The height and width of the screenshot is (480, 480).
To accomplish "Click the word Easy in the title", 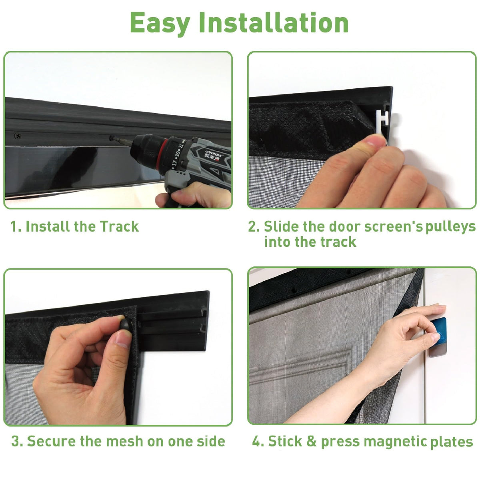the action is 160,23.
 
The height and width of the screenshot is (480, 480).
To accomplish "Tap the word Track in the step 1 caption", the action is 119,226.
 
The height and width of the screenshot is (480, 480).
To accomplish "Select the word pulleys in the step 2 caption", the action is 451,228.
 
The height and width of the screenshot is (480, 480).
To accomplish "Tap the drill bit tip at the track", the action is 112,138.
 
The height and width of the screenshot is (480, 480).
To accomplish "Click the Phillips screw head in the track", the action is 18,136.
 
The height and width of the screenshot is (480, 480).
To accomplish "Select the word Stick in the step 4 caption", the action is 286,441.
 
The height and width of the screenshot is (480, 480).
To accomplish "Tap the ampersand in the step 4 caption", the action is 311,441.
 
